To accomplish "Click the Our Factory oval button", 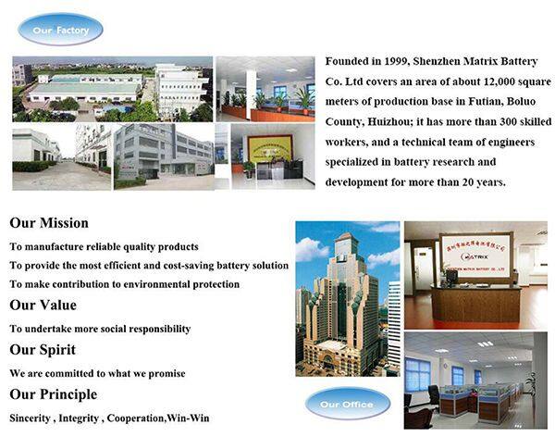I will coord(61,30).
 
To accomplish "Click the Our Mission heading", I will coord(49,223).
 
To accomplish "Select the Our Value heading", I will coord(43,305).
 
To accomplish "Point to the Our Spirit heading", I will coord(43,350).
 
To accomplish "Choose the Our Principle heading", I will coord(54,394).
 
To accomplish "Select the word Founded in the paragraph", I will coord(348,60).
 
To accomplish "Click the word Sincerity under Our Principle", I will coord(31,418).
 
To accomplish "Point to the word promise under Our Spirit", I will coord(166,373).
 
